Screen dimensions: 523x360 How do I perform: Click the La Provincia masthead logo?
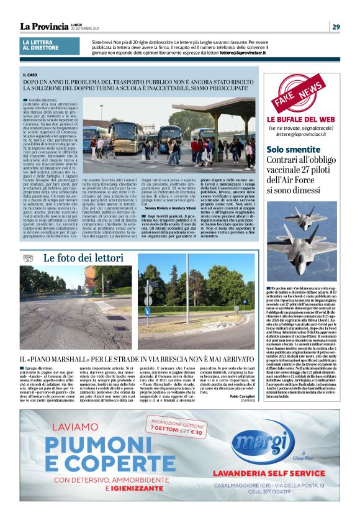43,26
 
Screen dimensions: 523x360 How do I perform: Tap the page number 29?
335,26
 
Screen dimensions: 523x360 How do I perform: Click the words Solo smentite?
292,149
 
